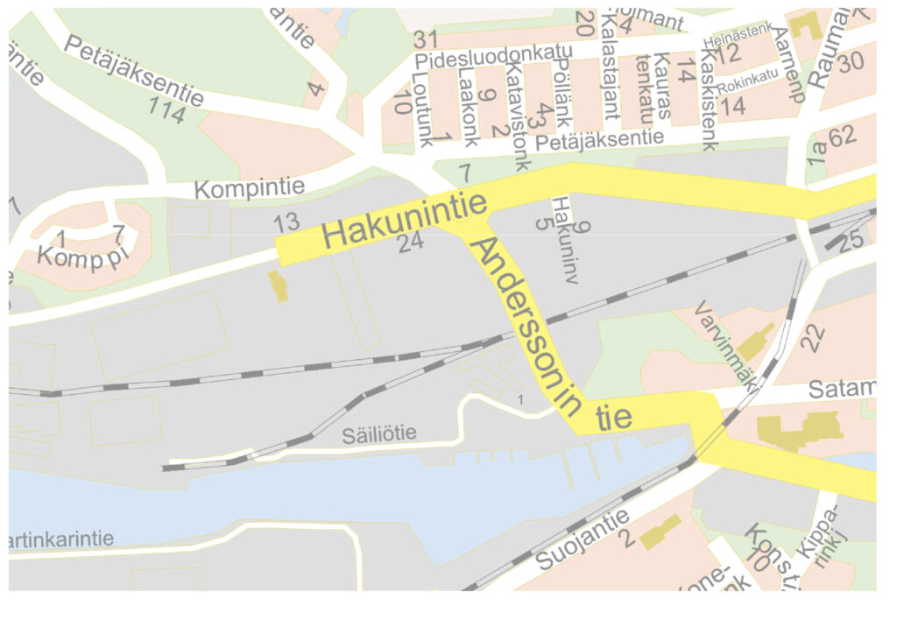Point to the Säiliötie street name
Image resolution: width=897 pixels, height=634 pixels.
(x=380, y=433)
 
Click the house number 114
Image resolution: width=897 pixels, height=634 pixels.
(x=166, y=111)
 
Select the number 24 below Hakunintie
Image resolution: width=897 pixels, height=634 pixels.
(x=410, y=243)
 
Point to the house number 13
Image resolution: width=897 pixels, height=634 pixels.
(x=286, y=222)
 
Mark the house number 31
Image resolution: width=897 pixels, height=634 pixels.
(x=426, y=39)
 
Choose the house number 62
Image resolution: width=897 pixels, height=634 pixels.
(x=842, y=136)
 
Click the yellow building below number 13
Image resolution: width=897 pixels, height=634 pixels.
(x=278, y=285)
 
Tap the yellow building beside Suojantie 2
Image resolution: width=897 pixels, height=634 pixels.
(x=660, y=532)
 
